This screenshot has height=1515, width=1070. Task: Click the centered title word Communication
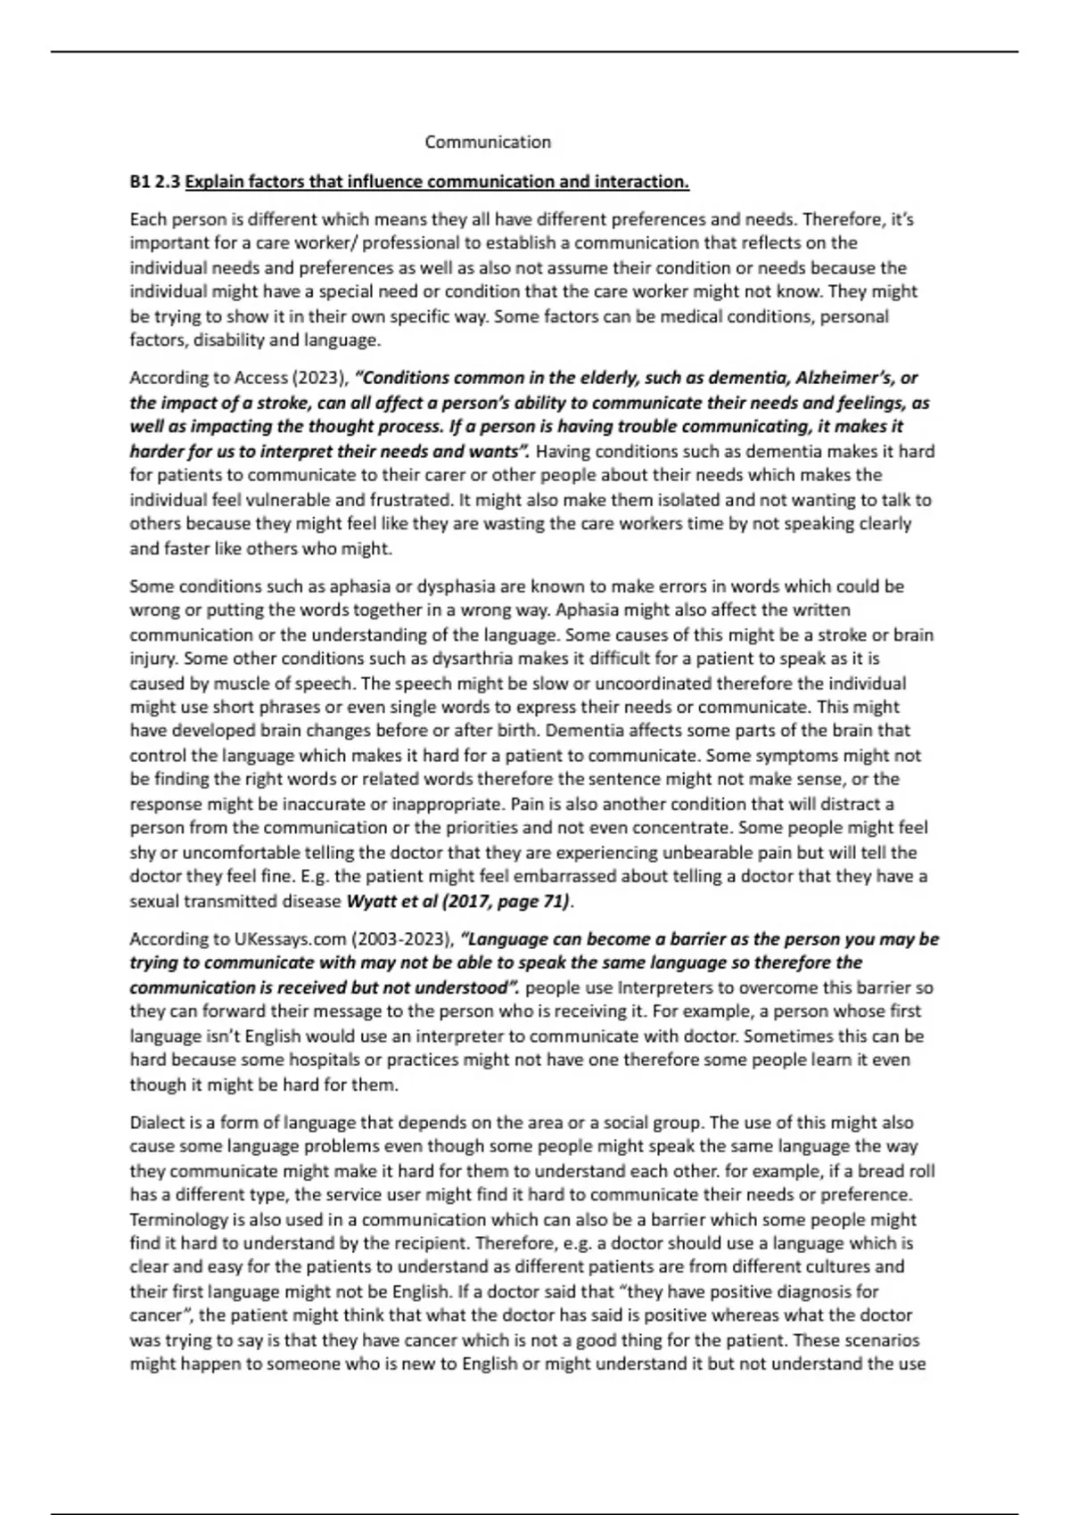tap(488, 142)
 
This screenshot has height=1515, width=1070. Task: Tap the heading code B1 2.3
tap(155, 182)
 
